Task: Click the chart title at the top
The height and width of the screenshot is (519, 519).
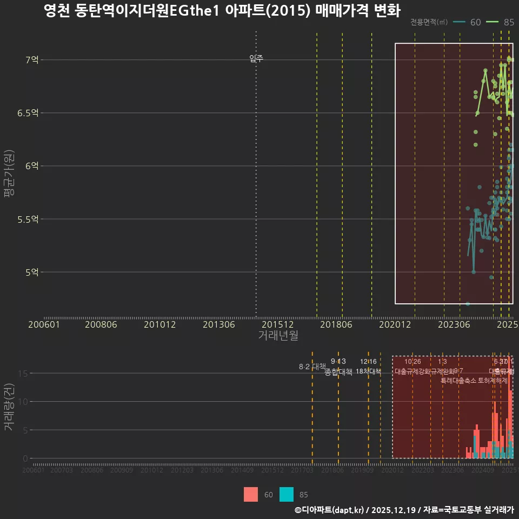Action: (222, 10)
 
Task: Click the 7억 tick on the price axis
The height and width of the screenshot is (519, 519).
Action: (31, 60)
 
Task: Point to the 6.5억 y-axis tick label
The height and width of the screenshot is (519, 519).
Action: (28, 113)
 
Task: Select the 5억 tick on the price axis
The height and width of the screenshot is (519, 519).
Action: (31, 272)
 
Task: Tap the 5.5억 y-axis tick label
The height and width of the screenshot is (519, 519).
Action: (28, 219)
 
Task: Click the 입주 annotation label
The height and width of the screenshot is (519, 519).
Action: (256, 58)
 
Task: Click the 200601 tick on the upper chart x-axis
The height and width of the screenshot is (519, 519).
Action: (44, 324)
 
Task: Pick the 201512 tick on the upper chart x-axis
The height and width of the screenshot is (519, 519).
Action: (278, 324)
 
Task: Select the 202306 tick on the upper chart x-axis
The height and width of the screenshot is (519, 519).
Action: (453, 324)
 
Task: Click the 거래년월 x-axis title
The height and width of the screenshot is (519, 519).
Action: (278, 336)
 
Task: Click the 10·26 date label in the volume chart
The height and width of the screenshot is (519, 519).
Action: (412, 362)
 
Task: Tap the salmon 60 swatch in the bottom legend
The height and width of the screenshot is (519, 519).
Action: (251, 494)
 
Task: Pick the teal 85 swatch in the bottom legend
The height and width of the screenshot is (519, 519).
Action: (287, 494)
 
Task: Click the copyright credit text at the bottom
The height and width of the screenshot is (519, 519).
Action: (404, 510)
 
